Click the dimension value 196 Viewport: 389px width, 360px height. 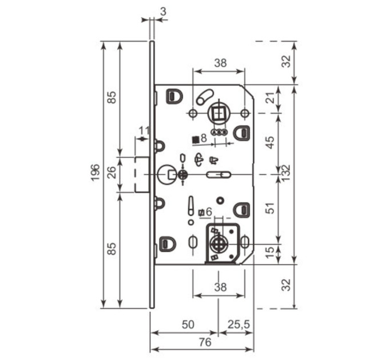coord(96,173)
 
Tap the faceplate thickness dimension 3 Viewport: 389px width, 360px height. coord(164,11)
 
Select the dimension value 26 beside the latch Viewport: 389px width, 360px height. coord(112,172)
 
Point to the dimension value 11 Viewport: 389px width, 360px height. coord(144,130)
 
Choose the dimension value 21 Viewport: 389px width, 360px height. coord(272,98)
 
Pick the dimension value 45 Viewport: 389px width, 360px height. coord(271,142)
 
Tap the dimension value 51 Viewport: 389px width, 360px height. coord(271,208)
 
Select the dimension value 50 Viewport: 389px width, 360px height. coord(188,325)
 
